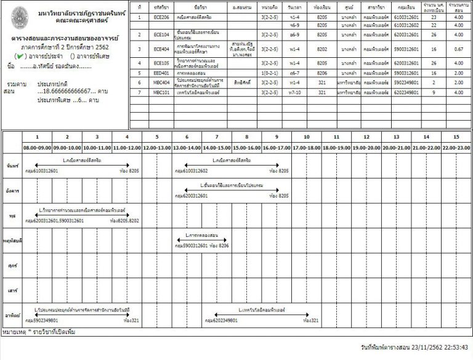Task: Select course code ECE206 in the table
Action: (161, 18)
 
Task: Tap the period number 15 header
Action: (456, 137)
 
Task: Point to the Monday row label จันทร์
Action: (10, 166)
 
